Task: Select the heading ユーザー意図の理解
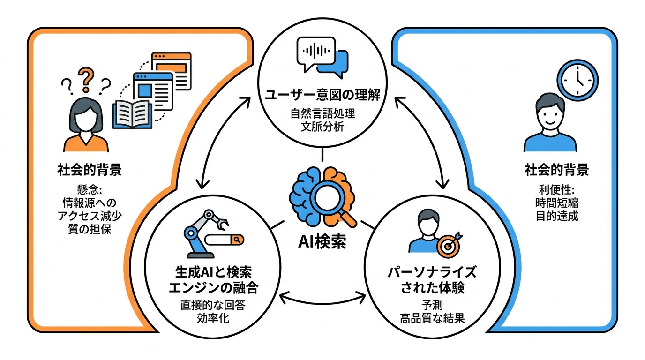(x=322, y=95)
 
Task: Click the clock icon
(x=577, y=79)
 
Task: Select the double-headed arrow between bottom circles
(x=322, y=297)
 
